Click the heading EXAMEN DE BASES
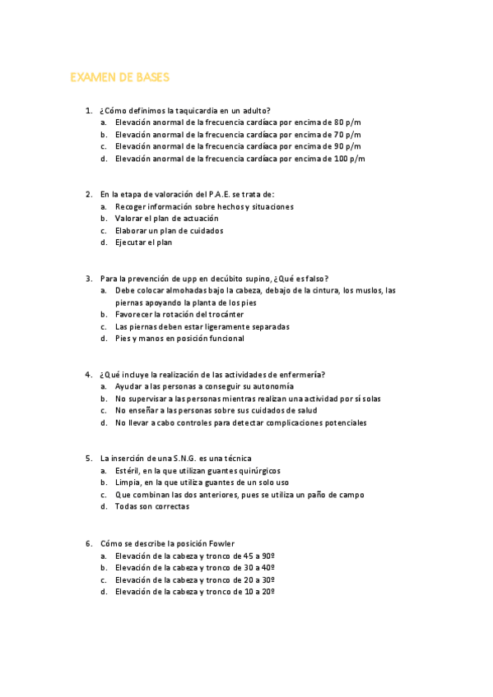(x=119, y=77)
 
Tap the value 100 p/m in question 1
(x=349, y=159)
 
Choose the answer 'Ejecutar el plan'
(x=144, y=242)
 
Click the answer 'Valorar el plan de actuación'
(x=167, y=219)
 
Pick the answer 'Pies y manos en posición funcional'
(x=179, y=338)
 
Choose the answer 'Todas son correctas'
(x=152, y=506)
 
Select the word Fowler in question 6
(x=221, y=543)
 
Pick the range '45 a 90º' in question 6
(x=258, y=556)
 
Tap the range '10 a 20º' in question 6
(x=258, y=591)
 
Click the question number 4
(x=88, y=375)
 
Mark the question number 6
(x=88, y=543)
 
